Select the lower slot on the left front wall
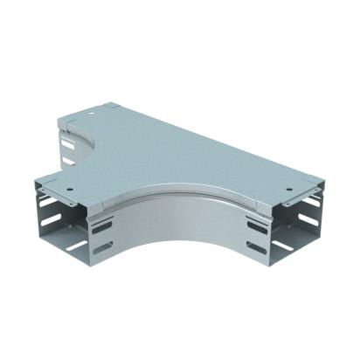tap(103, 247)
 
